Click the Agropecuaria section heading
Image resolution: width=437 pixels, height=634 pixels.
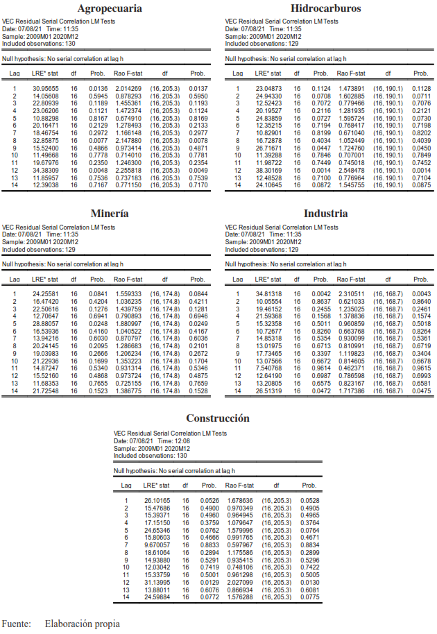click(x=110, y=9)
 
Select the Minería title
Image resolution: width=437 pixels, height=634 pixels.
click(x=110, y=214)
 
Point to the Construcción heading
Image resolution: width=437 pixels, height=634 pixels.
click(x=217, y=418)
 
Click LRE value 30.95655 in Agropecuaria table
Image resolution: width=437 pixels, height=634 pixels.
click(x=46, y=89)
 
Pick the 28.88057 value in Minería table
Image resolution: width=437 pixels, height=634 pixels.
click(x=46, y=323)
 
